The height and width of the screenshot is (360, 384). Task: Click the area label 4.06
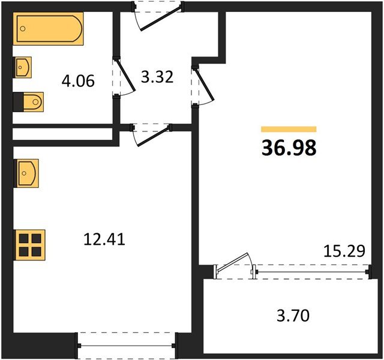(78, 80)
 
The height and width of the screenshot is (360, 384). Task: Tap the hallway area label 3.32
(157, 77)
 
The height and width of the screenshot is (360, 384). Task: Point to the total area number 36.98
(289, 148)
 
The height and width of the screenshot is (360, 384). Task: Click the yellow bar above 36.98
(289, 129)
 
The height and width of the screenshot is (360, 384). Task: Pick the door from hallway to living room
(204, 84)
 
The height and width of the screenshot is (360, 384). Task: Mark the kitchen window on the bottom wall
(127, 346)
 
